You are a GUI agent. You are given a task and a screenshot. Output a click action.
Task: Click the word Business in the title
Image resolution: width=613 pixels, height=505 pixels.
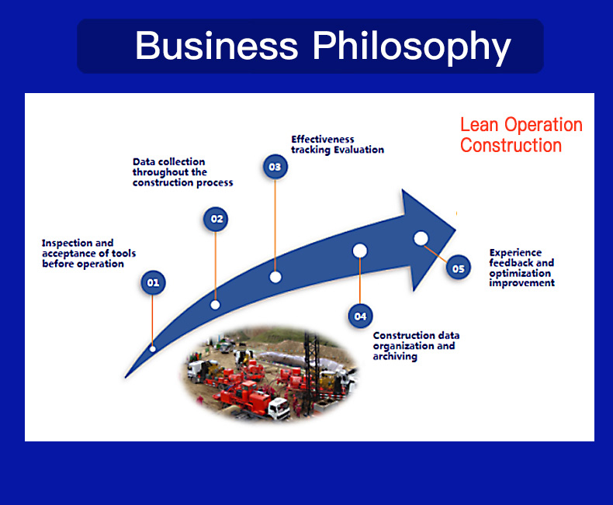tap(216, 46)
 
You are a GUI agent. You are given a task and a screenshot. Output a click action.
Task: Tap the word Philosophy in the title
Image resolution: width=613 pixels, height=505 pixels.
tap(412, 47)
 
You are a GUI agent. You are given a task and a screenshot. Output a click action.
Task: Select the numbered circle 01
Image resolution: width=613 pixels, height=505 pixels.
tap(153, 282)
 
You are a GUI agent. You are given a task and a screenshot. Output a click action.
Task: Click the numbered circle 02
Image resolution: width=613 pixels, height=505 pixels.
tap(216, 219)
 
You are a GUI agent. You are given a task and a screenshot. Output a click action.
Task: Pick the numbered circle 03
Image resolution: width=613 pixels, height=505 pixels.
tap(275, 167)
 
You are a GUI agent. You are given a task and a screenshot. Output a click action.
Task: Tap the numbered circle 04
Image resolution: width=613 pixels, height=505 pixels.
tap(360, 316)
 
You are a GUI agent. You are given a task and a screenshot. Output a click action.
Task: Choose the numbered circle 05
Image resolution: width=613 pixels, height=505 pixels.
tap(458, 268)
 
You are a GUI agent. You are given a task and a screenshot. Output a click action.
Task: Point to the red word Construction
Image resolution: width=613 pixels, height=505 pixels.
tap(511, 145)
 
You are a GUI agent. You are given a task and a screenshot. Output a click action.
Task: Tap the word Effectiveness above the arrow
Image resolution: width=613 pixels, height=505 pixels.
tap(323, 139)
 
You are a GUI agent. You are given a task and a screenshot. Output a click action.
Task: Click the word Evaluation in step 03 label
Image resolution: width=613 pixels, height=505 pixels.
tap(359, 150)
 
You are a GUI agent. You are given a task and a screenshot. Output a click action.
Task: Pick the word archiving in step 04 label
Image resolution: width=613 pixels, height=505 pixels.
tap(395, 357)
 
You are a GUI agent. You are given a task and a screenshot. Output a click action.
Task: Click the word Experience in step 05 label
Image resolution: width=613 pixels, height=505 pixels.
tap(515, 253)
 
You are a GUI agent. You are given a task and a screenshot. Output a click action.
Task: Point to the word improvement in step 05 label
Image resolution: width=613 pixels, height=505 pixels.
tap(521, 283)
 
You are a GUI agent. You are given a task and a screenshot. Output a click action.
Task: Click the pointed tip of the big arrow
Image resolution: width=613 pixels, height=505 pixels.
tap(455, 230)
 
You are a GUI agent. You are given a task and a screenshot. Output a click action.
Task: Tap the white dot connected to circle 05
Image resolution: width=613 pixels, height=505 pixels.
tap(421, 238)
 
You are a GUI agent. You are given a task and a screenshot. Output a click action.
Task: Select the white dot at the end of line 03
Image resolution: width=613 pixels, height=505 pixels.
tap(275, 277)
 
